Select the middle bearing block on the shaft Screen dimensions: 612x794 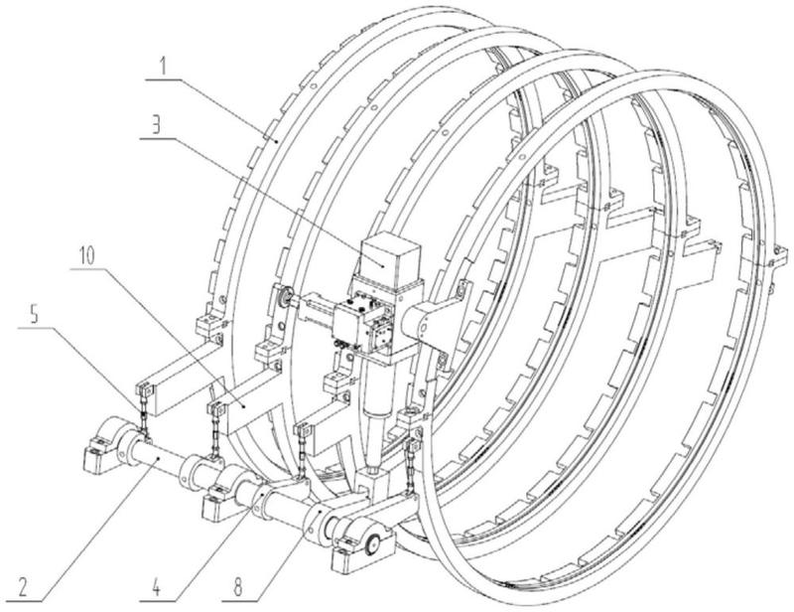tap(230, 490)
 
